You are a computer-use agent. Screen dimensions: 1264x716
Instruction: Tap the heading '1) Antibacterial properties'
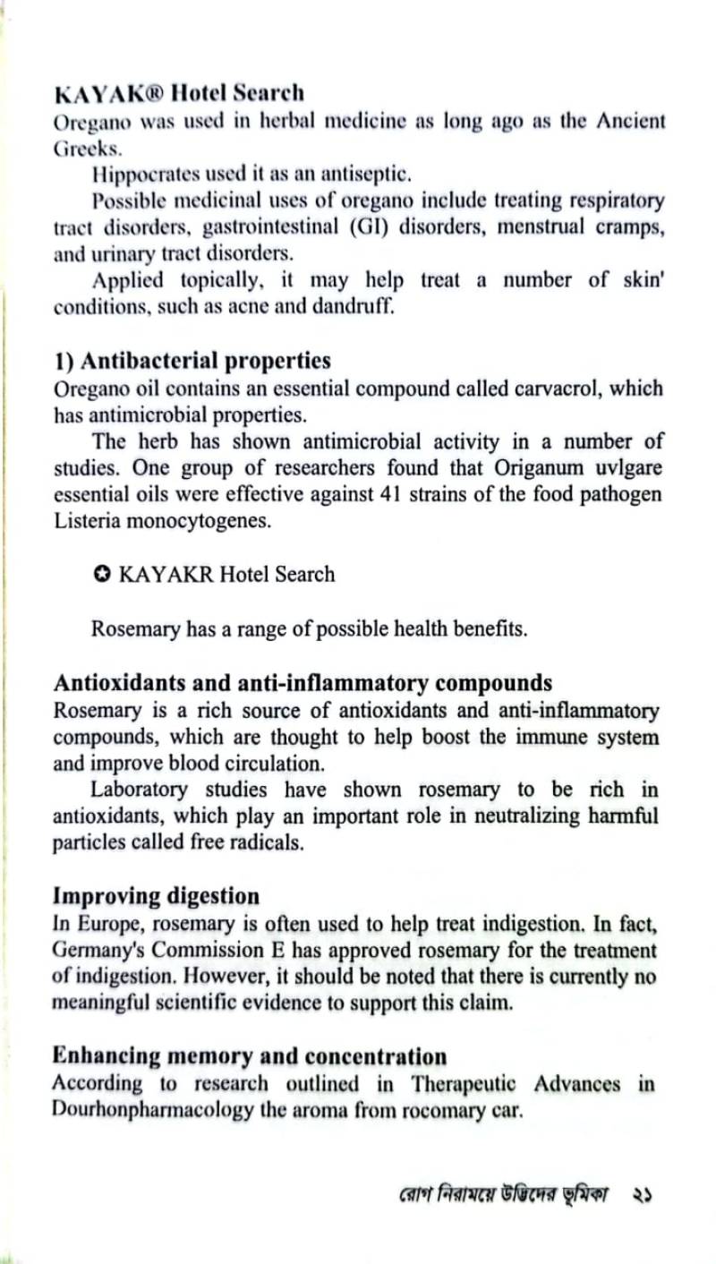[192, 361]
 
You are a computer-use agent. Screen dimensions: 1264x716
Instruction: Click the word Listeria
[88, 522]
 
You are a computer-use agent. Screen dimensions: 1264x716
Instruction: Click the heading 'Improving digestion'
[157, 895]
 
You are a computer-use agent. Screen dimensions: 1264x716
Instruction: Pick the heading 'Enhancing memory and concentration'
[250, 1056]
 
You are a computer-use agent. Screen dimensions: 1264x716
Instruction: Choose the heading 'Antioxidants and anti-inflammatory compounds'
[303, 683]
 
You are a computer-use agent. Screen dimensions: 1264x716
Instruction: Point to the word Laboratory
[140, 790]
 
